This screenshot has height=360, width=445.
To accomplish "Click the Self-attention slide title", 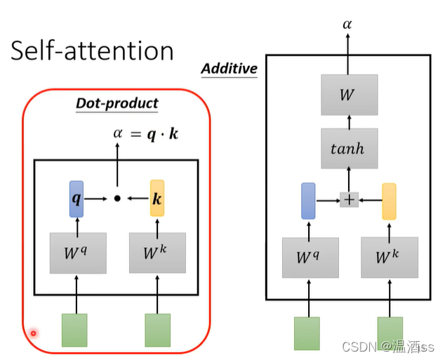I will [x=92, y=51].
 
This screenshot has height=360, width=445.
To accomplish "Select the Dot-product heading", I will [x=117, y=103].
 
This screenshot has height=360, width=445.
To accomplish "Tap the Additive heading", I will [x=229, y=68].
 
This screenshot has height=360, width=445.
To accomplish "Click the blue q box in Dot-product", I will [x=77, y=199].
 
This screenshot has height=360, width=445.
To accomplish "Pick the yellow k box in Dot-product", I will [x=157, y=199].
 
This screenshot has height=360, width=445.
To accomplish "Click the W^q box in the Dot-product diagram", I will [x=77, y=253].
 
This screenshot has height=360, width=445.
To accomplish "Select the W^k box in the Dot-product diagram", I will [x=157, y=253].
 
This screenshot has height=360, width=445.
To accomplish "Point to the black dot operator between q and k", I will [x=117, y=199].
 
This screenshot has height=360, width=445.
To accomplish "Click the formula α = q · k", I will [x=145, y=132].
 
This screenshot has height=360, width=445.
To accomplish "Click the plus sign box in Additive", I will [x=348, y=200].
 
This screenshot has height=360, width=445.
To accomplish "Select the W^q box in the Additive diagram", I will [x=310, y=258].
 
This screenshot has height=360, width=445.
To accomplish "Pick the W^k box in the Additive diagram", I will [x=390, y=258].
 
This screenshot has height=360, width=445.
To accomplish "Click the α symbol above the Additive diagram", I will [x=347, y=25].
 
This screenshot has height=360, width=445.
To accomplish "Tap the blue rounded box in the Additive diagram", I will [x=308, y=200].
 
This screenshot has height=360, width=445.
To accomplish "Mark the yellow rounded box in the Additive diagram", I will [x=389, y=200].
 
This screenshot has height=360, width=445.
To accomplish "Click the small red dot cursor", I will [x=33, y=333].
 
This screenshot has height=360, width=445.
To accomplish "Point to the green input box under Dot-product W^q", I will [x=74, y=330].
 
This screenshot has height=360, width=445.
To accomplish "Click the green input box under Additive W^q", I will [x=307, y=333].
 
